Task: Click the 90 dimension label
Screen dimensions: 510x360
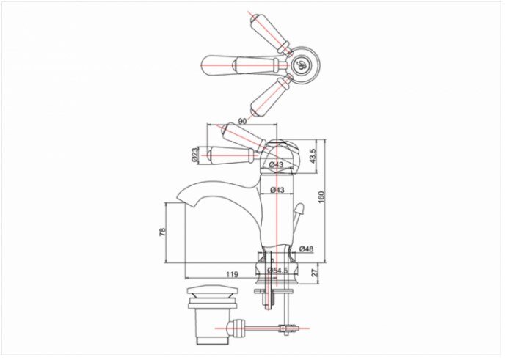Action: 242,121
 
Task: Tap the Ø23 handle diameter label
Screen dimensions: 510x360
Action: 194,155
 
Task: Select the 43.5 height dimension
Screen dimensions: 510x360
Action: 313,155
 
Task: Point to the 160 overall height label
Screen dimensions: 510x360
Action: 321,197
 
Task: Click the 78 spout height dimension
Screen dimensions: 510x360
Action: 162,232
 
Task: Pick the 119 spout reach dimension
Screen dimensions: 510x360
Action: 232,275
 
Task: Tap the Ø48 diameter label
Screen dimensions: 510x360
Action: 306,249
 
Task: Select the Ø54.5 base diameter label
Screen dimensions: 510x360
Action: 277,271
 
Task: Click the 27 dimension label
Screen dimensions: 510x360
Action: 315,273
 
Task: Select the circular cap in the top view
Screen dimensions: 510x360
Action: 300,63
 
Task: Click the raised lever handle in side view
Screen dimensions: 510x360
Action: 244,138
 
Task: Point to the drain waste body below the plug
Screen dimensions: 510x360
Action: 212,326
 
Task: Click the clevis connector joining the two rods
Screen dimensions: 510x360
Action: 286,328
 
